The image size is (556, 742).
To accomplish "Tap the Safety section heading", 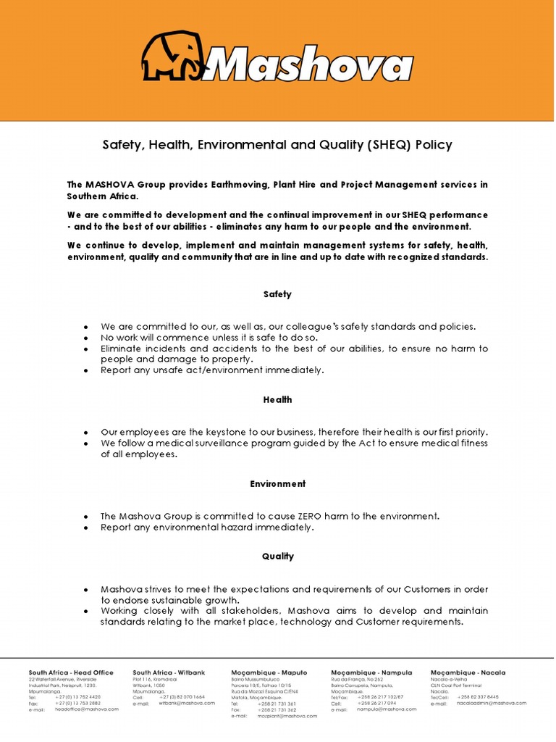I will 277,294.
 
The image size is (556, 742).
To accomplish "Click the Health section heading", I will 277,399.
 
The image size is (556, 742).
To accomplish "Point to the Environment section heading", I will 277,483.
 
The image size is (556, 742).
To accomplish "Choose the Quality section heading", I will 277,556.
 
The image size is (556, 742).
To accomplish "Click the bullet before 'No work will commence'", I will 85,338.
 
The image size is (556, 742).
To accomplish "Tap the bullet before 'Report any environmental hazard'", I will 85,528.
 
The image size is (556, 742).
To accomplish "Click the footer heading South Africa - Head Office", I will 71,672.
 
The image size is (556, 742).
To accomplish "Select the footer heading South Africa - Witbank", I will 168,672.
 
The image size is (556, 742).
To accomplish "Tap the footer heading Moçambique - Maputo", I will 267,672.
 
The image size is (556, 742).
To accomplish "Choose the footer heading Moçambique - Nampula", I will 368,672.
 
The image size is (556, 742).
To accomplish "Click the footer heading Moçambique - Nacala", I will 468,672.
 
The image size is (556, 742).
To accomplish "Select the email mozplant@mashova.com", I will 287,715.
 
